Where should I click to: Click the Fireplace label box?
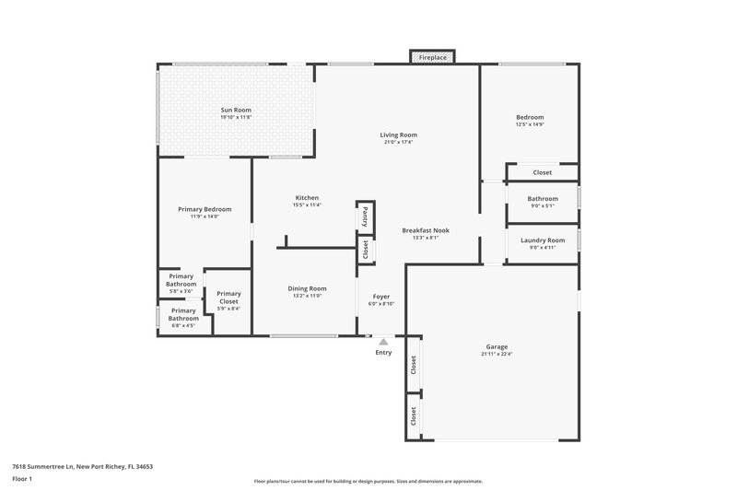click(433, 57)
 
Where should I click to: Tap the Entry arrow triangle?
click(383, 342)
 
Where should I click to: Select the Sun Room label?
click(236, 111)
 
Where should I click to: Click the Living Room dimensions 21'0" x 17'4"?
click(398, 143)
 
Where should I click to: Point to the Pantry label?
click(365, 216)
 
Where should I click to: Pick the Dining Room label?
click(306, 288)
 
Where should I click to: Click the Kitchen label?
click(307, 198)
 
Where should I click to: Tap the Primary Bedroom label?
click(205, 209)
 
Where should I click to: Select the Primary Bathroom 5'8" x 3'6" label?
click(181, 280)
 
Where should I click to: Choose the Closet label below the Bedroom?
click(543, 172)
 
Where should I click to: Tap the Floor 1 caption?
click(23, 479)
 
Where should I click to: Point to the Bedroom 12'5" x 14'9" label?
click(530, 117)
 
